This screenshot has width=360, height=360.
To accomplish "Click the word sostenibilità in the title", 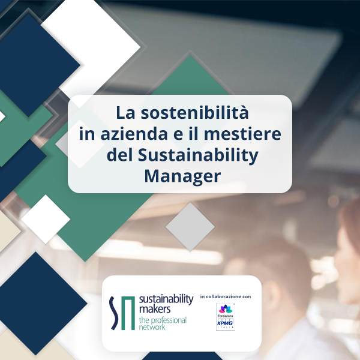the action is pyautogui.click(x=194, y=113).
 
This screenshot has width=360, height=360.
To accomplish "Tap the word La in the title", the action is pyautogui.click(x=125, y=113).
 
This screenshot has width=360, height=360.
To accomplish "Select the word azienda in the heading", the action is pyautogui.click(x=134, y=134).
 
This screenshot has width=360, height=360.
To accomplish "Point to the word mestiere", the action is pyautogui.click(x=242, y=134).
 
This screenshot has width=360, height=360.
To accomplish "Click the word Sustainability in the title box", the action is pyautogui.click(x=198, y=155).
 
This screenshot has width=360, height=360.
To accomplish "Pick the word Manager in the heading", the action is pyautogui.click(x=182, y=176).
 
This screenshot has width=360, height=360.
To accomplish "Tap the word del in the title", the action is pyautogui.click(x=119, y=155).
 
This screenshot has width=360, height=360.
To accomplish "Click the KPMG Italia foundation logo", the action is pyautogui.click(x=226, y=317).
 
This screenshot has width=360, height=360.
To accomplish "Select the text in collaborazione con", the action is pyautogui.click(x=226, y=296).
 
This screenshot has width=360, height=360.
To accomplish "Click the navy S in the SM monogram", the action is pyautogui.click(x=114, y=313).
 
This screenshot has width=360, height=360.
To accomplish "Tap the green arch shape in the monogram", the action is pyautogui.click(x=128, y=313).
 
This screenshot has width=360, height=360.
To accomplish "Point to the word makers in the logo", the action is pyautogui.click(x=155, y=309).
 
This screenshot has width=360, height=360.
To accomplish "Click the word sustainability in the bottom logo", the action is pyautogui.click(x=166, y=299).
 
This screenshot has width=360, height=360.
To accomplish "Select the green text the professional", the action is pyautogui.click(x=163, y=320).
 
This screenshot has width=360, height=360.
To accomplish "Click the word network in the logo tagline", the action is pyautogui.click(x=152, y=327).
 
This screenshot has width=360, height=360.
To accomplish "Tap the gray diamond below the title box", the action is pyautogui.click(x=190, y=226).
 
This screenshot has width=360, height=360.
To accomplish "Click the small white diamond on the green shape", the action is pyautogui.click(x=46, y=219).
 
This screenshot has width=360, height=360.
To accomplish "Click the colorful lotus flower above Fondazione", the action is pyautogui.click(x=226, y=309).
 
